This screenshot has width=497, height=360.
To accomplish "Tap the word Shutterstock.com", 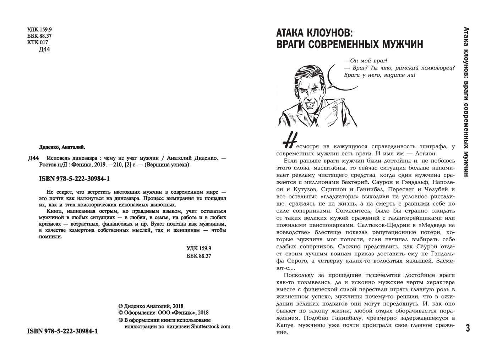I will click(x=211, y=327).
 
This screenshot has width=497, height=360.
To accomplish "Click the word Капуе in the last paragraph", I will click(x=285, y=325).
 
